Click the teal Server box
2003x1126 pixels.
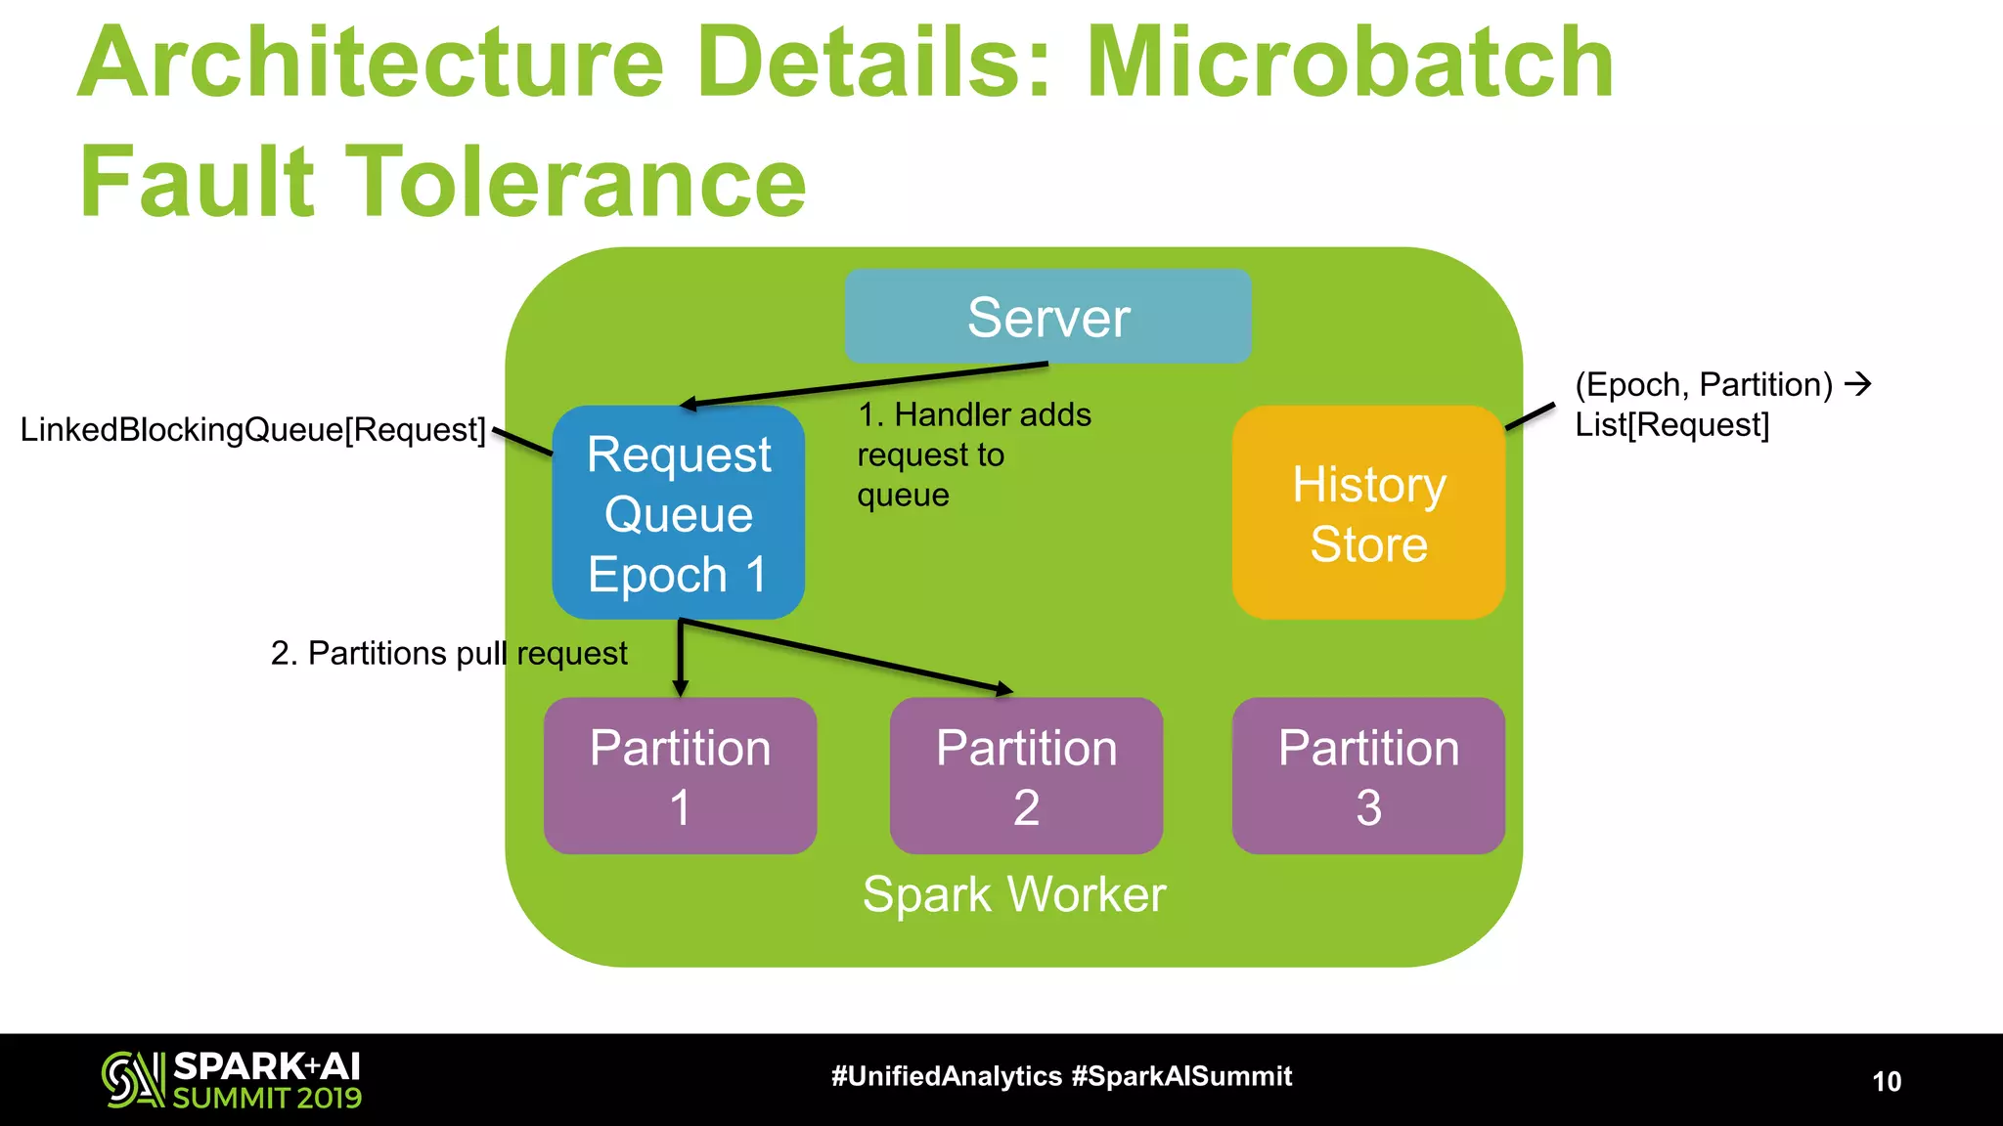[x=1047, y=317]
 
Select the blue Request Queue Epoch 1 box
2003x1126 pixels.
[x=678, y=513]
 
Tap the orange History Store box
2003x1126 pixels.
[x=1367, y=513]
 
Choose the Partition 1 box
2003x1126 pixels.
[x=680, y=776]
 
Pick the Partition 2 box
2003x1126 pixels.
[x=1026, y=776]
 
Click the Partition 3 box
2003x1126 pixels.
[x=1367, y=776]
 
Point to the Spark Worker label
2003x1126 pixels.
[x=1014, y=894]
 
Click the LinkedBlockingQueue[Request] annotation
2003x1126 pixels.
[x=252, y=430]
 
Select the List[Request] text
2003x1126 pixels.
[x=1671, y=425]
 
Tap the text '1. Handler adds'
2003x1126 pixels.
[x=974, y=415]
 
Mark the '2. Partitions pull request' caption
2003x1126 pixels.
[x=448, y=653]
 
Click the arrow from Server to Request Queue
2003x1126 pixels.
[x=866, y=384]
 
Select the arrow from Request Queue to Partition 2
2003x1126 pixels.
[x=847, y=657]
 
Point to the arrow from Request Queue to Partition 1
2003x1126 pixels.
[x=681, y=657]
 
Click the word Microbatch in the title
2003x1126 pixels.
[x=1350, y=65]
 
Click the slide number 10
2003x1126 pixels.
[x=1887, y=1081]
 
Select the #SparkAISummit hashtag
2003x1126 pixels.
[x=1181, y=1077]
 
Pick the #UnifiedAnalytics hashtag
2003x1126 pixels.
[x=946, y=1077]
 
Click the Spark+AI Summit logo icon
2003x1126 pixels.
[x=133, y=1080]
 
